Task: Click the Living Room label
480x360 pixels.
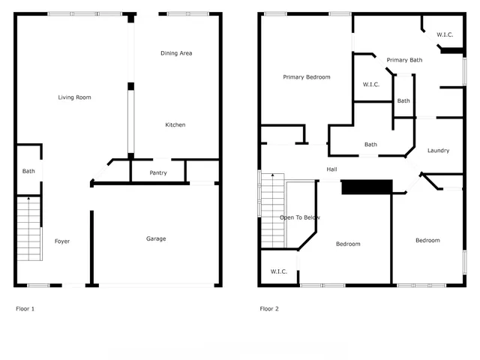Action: tap(74, 97)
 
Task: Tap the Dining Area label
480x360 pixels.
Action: tap(176, 53)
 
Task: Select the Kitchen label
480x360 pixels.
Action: tap(175, 124)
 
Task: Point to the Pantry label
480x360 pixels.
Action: tap(158, 173)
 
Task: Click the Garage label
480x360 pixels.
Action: tap(156, 238)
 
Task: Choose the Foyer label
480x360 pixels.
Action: tap(62, 241)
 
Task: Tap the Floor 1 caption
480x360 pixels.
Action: tap(25, 308)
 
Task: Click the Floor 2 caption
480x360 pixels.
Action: tap(268, 308)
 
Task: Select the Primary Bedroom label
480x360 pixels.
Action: tap(306, 77)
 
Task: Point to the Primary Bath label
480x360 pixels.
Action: tap(404, 60)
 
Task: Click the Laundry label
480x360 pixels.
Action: tap(438, 151)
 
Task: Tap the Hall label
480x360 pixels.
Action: tap(331, 169)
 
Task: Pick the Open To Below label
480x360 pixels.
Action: tap(300, 217)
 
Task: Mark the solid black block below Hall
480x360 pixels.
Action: tap(367, 187)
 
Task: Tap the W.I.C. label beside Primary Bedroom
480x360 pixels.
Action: tap(370, 84)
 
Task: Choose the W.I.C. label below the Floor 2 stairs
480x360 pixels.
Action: tap(279, 271)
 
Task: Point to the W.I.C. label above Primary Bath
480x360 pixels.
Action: tap(445, 34)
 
